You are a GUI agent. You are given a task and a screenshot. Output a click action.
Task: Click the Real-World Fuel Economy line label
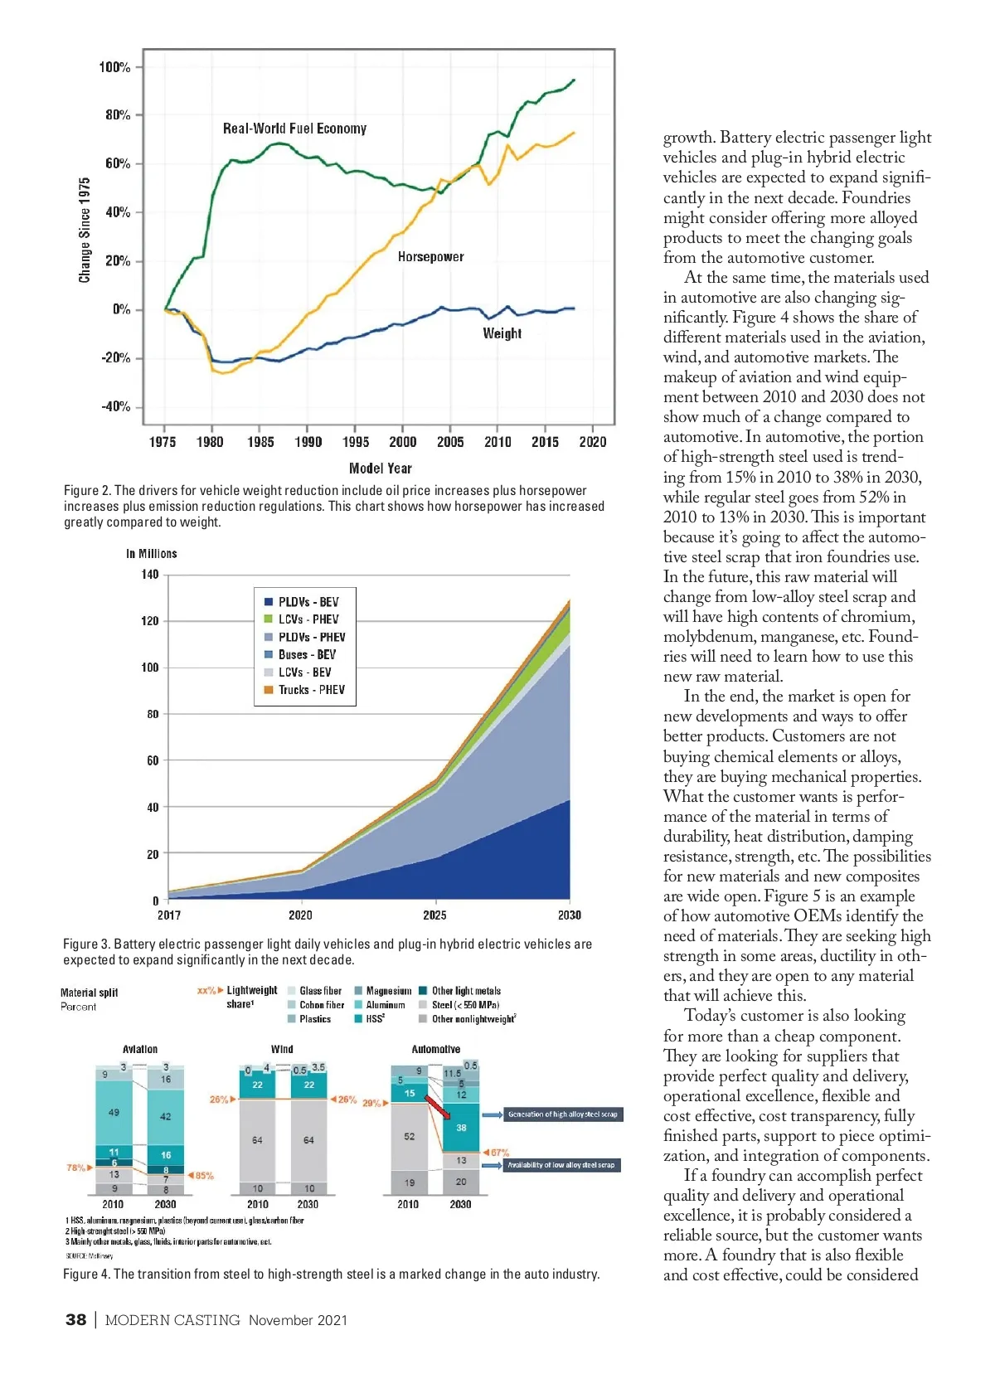click(x=294, y=129)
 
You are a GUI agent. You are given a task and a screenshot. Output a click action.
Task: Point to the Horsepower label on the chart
click(x=430, y=257)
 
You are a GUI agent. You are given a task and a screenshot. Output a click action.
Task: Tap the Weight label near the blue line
click(x=502, y=333)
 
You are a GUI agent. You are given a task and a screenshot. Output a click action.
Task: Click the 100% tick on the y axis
click(x=114, y=67)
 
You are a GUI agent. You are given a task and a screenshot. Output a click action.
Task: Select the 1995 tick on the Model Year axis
click(x=356, y=442)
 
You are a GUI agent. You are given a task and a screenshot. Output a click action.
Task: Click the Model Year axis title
click(x=380, y=469)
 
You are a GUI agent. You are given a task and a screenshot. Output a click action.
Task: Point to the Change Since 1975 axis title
click(x=85, y=230)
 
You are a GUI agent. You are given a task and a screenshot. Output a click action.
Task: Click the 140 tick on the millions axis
click(x=149, y=574)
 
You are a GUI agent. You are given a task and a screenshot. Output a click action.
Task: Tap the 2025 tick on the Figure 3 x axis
click(x=434, y=915)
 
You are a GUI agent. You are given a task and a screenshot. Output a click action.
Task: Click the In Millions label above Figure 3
click(x=151, y=553)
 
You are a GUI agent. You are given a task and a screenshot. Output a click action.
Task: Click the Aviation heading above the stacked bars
click(x=140, y=1049)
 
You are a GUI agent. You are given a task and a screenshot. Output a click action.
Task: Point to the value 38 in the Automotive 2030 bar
click(x=461, y=1128)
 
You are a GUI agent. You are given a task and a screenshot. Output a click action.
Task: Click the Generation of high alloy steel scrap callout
click(x=562, y=1114)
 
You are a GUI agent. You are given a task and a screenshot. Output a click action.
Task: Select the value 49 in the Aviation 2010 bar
click(x=114, y=1112)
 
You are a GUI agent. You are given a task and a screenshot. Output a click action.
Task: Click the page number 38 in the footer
click(x=75, y=1320)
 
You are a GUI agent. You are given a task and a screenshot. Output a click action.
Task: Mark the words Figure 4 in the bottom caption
click(x=85, y=1274)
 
